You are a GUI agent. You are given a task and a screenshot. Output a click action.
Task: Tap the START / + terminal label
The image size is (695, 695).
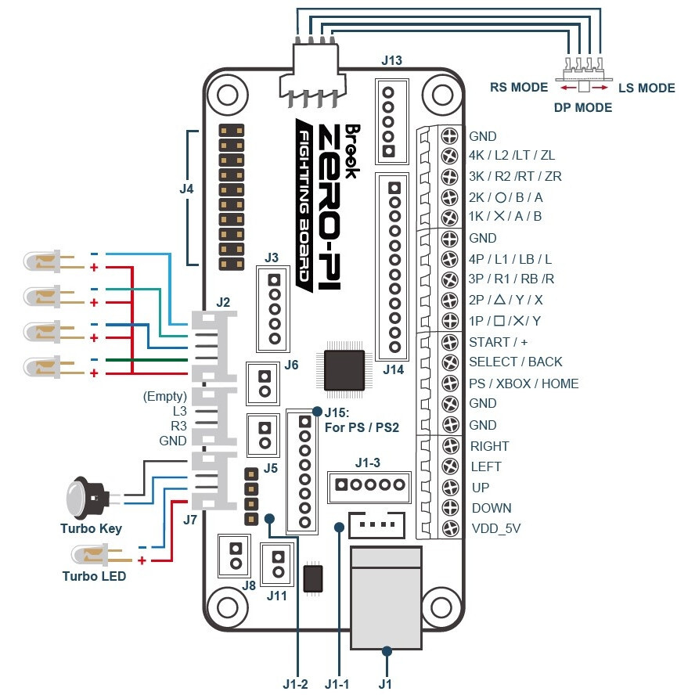(x=498, y=342)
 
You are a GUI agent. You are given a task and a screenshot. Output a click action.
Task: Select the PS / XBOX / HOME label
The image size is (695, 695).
(x=523, y=384)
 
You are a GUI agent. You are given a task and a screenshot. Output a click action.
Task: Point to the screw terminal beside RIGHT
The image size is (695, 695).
(x=450, y=446)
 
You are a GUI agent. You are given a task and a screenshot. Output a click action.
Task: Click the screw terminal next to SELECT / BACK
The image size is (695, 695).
(x=450, y=362)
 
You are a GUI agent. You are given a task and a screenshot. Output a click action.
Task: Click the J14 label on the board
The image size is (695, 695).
(x=393, y=369)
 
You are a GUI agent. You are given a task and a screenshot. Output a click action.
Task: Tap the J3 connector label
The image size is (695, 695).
(x=272, y=257)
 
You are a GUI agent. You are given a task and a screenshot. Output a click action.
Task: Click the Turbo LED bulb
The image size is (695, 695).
(x=88, y=556)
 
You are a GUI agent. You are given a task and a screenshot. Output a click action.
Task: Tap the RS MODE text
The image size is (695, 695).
(x=519, y=88)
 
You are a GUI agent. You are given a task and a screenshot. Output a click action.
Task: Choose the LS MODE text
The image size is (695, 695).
(x=646, y=88)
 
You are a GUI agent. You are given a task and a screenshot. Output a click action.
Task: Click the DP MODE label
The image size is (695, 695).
(x=583, y=107)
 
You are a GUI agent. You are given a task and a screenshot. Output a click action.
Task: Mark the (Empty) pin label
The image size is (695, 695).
(x=165, y=396)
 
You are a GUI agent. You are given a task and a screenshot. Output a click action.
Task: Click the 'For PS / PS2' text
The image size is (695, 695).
(x=362, y=427)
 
